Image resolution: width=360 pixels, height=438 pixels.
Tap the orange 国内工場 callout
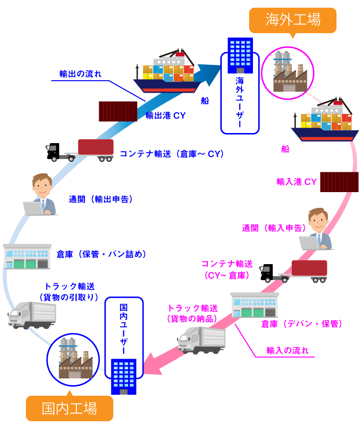click(x=70, y=408)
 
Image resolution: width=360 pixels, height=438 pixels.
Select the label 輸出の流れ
click(x=80, y=74)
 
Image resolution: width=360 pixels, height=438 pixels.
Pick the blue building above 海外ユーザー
click(x=240, y=54)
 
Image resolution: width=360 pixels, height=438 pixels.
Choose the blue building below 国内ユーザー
click(x=123, y=377)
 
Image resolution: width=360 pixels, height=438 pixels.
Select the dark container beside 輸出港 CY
click(x=118, y=111)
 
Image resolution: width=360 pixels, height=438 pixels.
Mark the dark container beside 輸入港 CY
click(x=339, y=182)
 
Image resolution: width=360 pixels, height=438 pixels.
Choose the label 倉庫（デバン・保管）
click(x=301, y=324)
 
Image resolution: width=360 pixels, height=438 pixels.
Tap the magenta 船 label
click(x=285, y=149)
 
